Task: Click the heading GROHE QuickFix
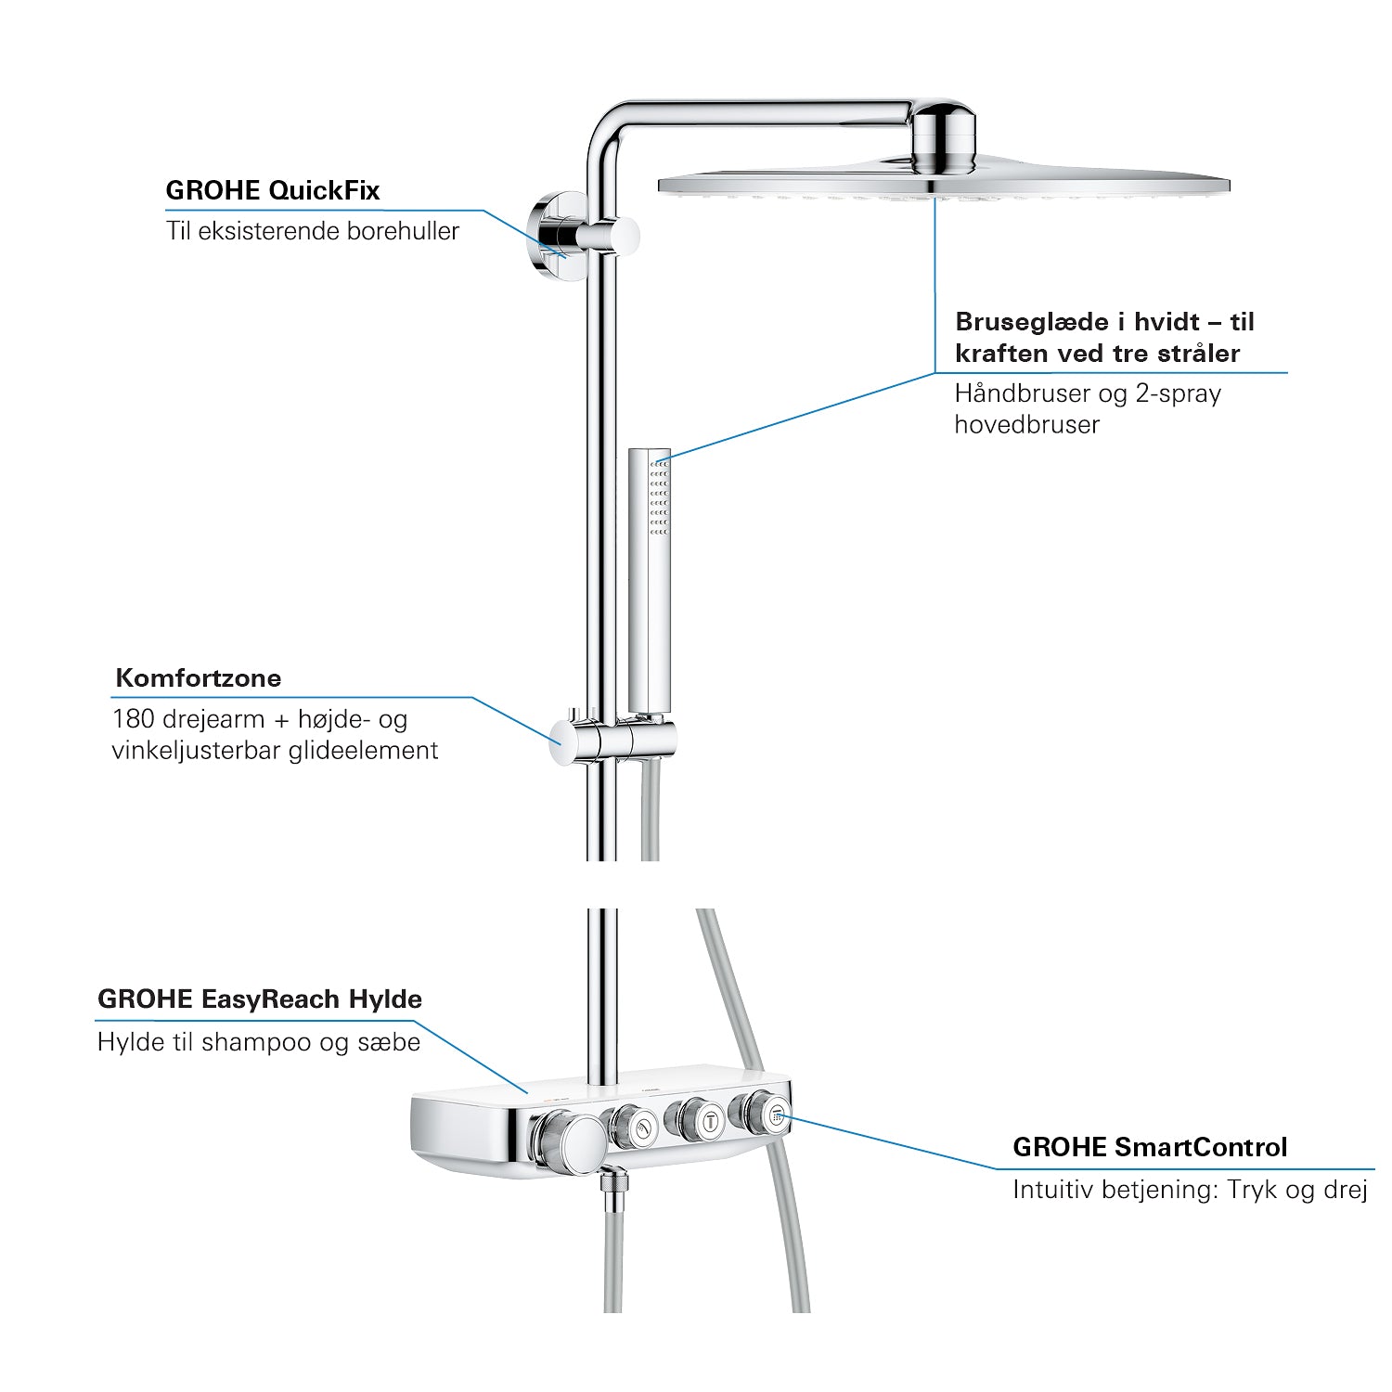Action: pyautogui.click(x=273, y=191)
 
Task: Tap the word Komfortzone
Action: pyautogui.click(x=199, y=677)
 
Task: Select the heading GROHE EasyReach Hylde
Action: pyautogui.click(x=260, y=999)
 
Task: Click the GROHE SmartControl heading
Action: pyautogui.click(x=1150, y=1147)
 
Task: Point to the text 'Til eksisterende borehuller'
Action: pyautogui.click(x=313, y=231)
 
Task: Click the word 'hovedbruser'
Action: pyautogui.click(x=1027, y=424)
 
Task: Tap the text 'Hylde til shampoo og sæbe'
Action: pyautogui.click(x=259, y=1042)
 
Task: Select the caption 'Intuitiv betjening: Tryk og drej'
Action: pyautogui.click(x=1191, y=1190)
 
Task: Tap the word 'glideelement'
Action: pyautogui.click(x=364, y=751)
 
